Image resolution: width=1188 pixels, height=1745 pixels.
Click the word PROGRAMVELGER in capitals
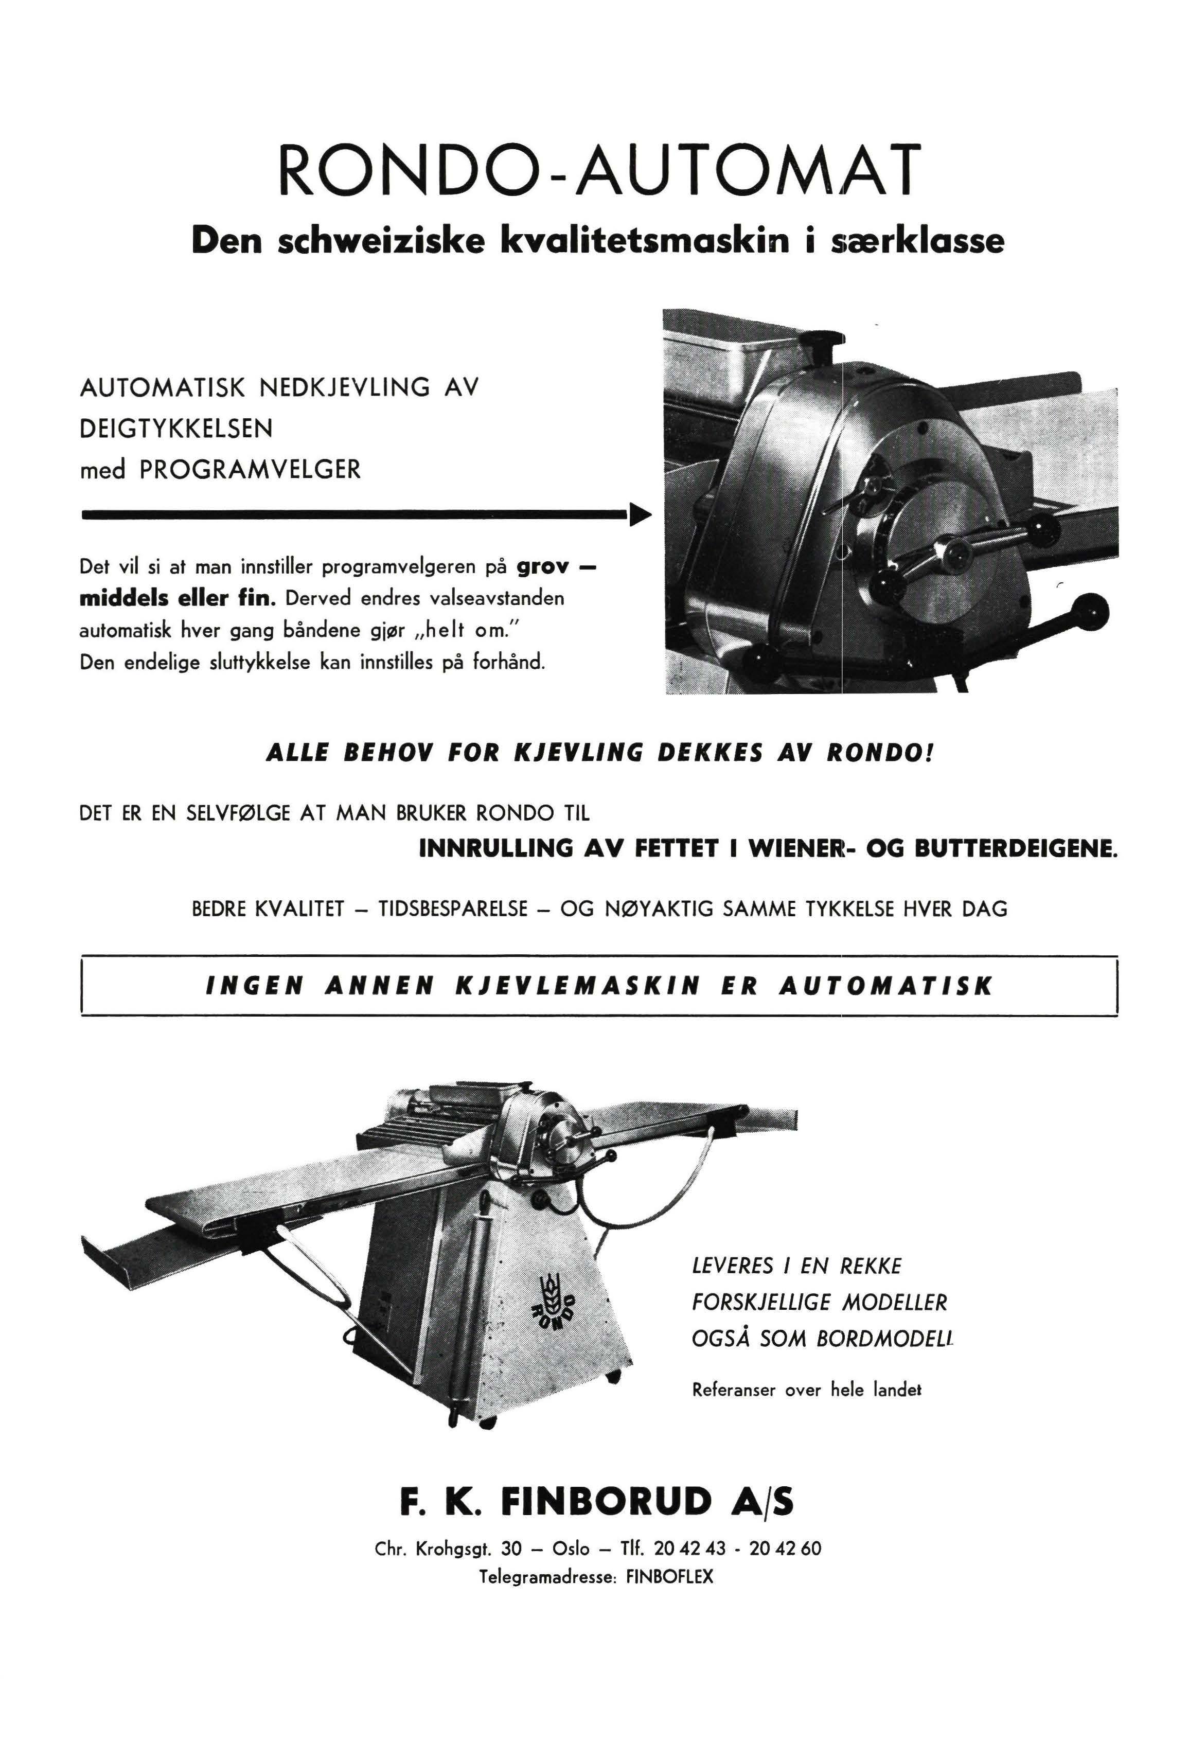[250, 470]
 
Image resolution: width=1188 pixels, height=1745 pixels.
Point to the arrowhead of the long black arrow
[640, 515]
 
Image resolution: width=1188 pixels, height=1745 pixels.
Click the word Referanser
[733, 1390]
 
